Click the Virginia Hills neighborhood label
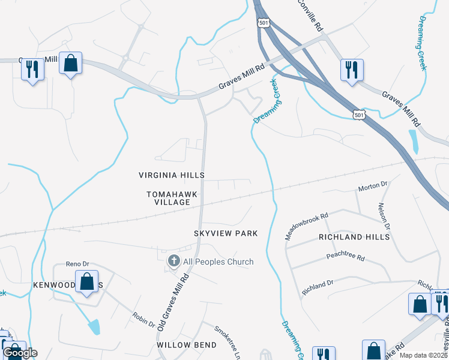pyautogui.click(x=172, y=175)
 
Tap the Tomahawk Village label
pyautogui.click(x=168, y=198)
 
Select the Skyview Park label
pyautogui.click(x=226, y=233)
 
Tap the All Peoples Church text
pyautogui.click(x=218, y=262)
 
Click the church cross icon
pyautogui.click(x=173, y=261)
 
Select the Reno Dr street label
pyautogui.click(x=77, y=264)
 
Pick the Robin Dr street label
pyautogui.click(x=143, y=320)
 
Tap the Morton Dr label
pyautogui.click(x=373, y=187)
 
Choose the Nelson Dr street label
pyautogui.click(x=384, y=216)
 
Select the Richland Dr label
pyautogui.click(x=318, y=288)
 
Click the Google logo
pyautogui.click(x=20, y=353)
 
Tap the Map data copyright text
pyautogui.click(x=424, y=355)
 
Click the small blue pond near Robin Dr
pyautogui.click(x=94, y=327)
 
